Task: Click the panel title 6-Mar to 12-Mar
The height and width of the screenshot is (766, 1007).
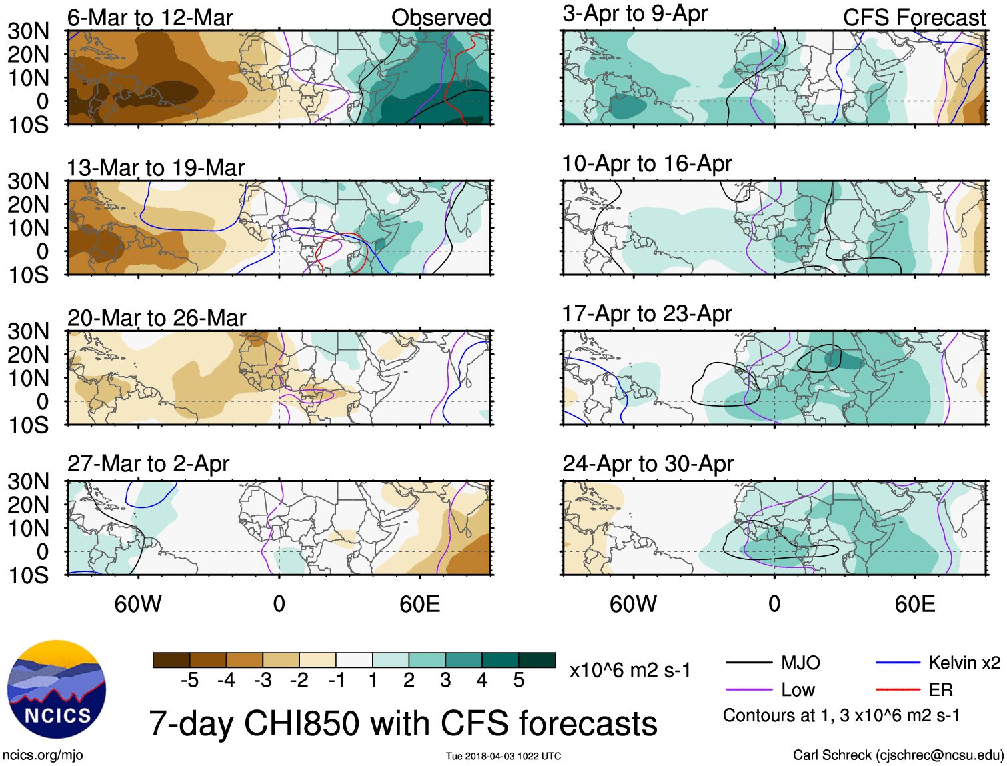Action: [x=150, y=18]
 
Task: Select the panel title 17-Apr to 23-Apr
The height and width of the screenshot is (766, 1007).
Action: [x=647, y=313]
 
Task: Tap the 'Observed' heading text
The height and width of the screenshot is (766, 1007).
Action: [x=441, y=18]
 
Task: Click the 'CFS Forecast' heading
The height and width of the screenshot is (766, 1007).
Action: [x=914, y=18]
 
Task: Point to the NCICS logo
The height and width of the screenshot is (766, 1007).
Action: [x=57, y=689]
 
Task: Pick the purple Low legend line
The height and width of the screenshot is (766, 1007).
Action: [x=749, y=689]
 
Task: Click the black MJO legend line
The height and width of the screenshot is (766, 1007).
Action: [x=749, y=663]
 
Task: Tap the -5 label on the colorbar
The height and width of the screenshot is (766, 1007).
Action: [x=189, y=681]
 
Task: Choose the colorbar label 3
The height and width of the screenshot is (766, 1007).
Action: [x=445, y=681]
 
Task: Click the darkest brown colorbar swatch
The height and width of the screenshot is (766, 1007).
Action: [x=171, y=660]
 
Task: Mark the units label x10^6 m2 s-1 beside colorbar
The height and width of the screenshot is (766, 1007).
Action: [x=630, y=670]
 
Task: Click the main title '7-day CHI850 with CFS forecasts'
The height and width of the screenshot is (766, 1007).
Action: [x=403, y=723]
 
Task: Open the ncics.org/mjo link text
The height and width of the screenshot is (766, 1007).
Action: [x=43, y=755]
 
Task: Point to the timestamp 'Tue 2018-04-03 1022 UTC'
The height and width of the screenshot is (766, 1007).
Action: [x=503, y=756]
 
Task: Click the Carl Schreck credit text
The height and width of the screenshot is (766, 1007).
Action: [x=898, y=755]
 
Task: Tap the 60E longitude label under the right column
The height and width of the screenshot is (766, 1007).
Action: [x=915, y=604]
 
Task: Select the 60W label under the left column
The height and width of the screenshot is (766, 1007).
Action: [x=138, y=604]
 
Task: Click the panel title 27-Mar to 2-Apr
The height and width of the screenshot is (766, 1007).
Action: [x=148, y=463]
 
